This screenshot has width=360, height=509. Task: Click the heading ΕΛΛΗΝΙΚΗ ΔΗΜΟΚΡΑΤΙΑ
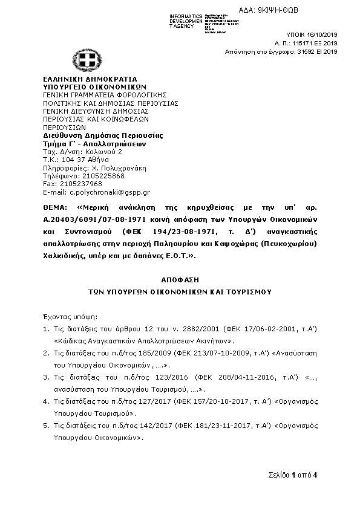[90, 79]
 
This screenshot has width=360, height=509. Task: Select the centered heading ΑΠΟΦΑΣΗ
[180, 281]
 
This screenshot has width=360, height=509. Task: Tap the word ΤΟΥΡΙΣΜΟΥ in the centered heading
[249, 291]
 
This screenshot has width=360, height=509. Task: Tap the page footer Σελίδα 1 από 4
[293, 475]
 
